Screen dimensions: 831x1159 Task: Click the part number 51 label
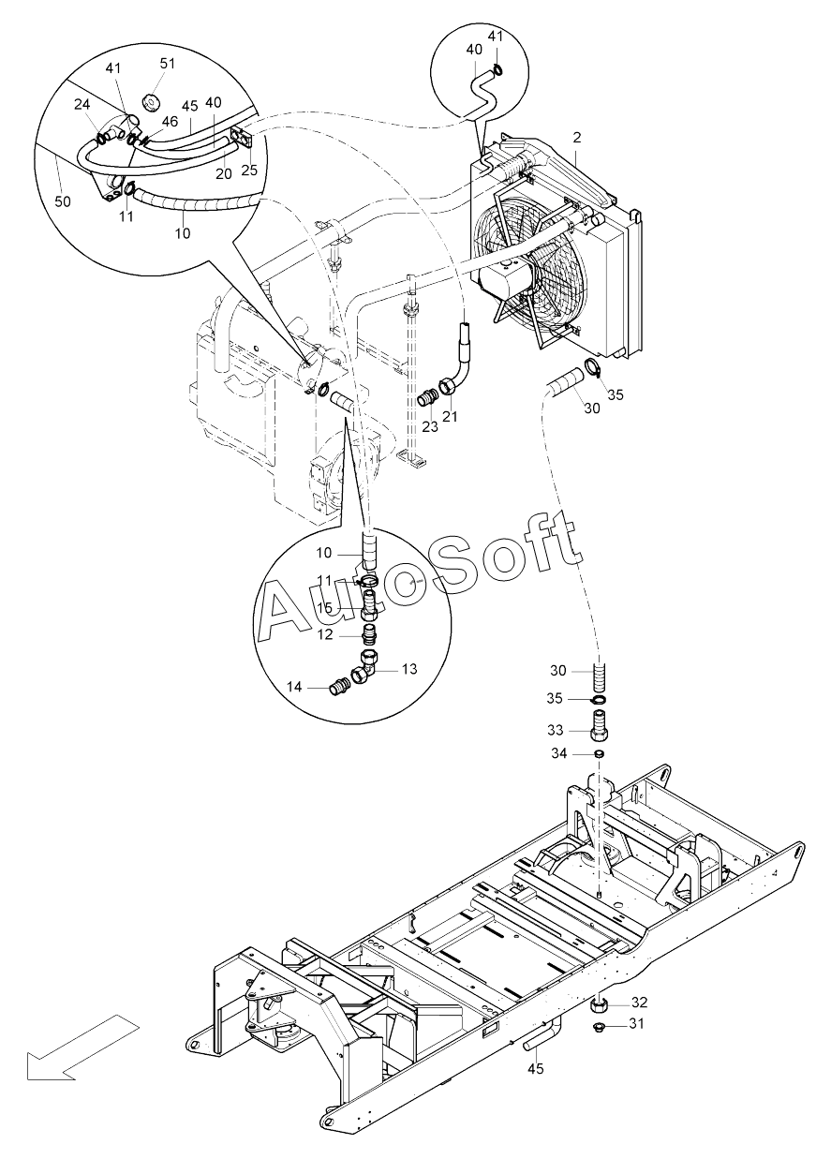(x=167, y=64)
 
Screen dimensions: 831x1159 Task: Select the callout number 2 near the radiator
(x=577, y=137)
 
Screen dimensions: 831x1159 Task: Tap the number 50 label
(x=63, y=201)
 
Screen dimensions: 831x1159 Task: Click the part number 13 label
(x=409, y=669)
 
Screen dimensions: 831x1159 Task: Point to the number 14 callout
(x=294, y=687)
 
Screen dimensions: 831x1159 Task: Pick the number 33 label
(x=556, y=730)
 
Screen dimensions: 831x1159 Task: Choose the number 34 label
(x=558, y=754)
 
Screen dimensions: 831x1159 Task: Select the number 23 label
(x=429, y=426)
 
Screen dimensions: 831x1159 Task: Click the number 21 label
(x=451, y=415)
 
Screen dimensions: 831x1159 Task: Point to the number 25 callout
(x=249, y=170)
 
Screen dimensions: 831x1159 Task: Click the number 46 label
(x=170, y=121)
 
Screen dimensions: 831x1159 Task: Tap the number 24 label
(x=82, y=105)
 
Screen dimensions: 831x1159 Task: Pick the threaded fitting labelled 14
(x=339, y=687)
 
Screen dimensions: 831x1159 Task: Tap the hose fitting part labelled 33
(x=599, y=725)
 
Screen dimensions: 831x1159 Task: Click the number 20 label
(x=224, y=173)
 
